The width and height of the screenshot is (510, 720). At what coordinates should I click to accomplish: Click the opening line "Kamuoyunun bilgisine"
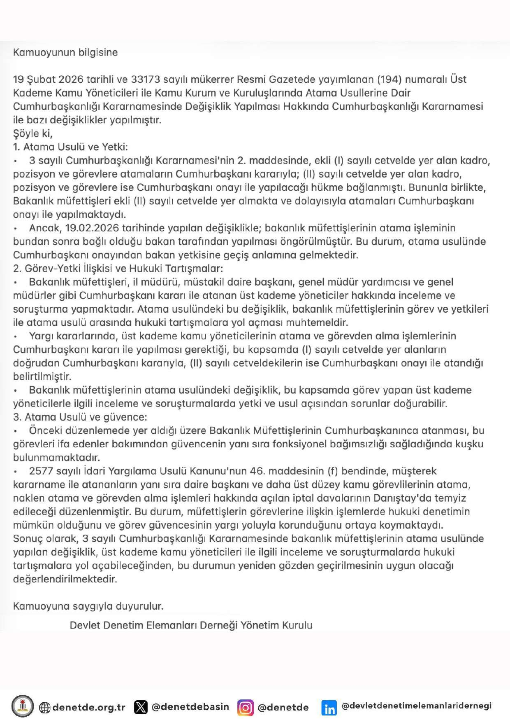(65, 52)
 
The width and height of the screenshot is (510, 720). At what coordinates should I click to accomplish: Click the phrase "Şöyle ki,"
(33, 133)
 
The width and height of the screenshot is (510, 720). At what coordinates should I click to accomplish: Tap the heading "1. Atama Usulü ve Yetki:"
(70, 147)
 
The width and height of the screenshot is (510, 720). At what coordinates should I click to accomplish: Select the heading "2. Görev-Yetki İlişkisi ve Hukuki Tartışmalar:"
(118, 269)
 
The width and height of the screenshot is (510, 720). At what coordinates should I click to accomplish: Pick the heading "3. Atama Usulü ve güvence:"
(80, 417)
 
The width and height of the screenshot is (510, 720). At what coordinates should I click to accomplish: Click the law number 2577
(41, 471)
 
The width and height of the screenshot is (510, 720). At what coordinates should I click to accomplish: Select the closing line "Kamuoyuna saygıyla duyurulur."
(88, 606)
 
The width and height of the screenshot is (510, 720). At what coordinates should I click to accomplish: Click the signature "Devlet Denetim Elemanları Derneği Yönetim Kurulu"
(191, 625)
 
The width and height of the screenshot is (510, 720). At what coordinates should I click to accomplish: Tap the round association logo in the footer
(23, 706)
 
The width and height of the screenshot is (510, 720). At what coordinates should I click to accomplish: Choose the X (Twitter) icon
(141, 707)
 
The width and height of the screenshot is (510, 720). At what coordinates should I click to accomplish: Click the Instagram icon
(245, 707)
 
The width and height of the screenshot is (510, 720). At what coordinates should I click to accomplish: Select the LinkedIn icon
(329, 708)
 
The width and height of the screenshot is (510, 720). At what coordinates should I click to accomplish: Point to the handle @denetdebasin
(190, 707)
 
